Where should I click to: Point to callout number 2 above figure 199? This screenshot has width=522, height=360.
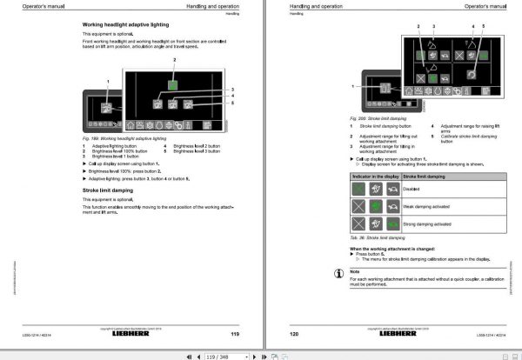pos(175,61)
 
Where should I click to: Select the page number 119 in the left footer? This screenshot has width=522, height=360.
pos(235,333)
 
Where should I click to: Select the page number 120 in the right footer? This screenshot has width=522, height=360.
pos(292,333)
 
